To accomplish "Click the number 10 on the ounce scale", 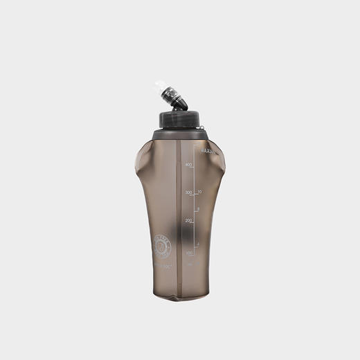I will [199, 192].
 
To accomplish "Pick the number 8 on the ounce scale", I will [199, 208].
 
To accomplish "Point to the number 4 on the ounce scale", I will [199, 244].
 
